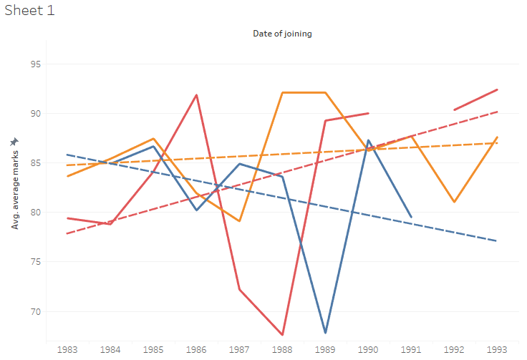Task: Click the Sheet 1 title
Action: click(x=29, y=11)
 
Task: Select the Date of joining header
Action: click(x=282, y=34)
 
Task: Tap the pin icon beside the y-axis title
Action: click(x=14, y=142)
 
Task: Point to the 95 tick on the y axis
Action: click(x=35, y=64)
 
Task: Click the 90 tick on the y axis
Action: click(x=35, y=114)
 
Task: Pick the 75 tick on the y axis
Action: click(x=35, y=262)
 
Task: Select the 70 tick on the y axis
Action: click(x=35, y=311)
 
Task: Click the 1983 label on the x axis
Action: click(x=67, y=349)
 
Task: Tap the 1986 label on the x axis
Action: click(x=196, y=349)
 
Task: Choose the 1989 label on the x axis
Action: click(x=325, y=349)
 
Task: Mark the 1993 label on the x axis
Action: click(x=497, y=349)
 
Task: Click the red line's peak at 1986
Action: click(x=196, y=95)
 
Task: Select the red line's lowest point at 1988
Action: click(x=282, y=334)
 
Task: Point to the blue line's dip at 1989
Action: click(x=325, y=333)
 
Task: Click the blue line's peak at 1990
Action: click(x=368, y=140)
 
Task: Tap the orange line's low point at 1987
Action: click(x=239, y=221)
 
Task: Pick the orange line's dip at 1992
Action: click(x=454, y=202)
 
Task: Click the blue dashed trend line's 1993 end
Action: click(x=496, y=240)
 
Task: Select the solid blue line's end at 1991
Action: click(x=411, y=217)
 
